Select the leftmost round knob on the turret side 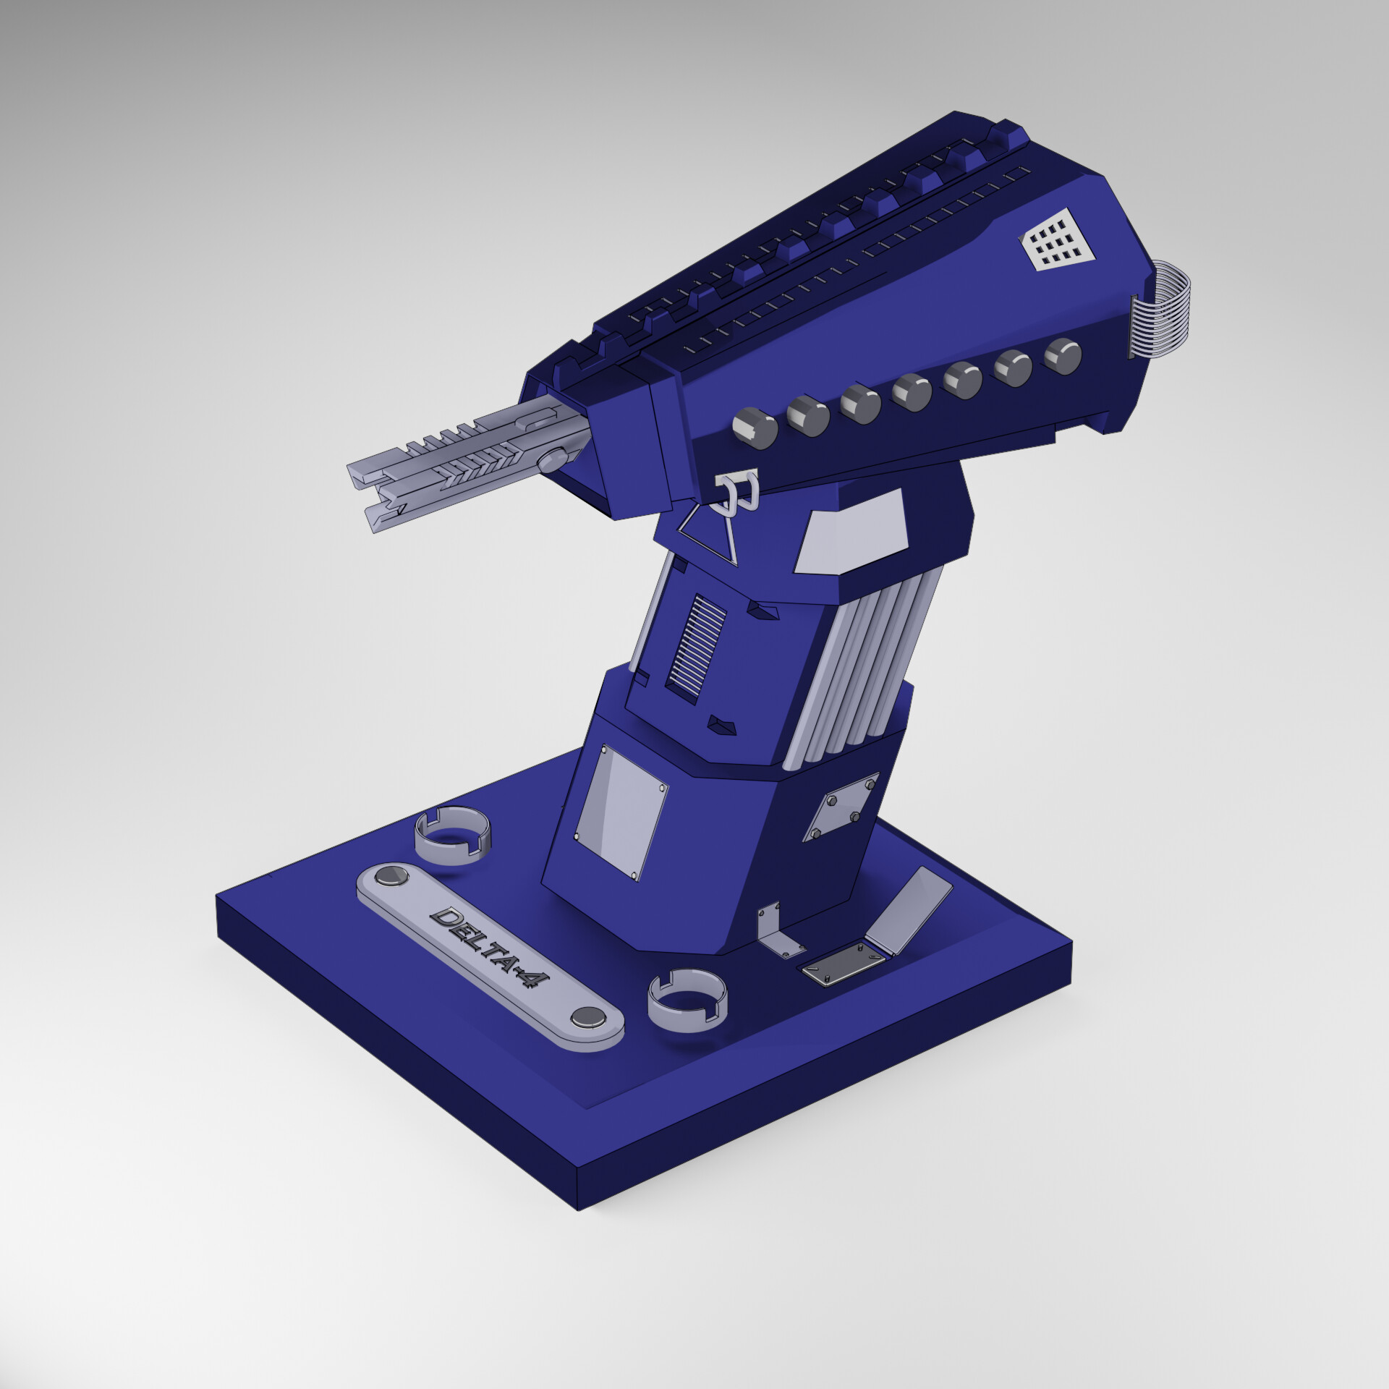755,428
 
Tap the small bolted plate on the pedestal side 841,806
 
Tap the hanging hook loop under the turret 736,489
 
